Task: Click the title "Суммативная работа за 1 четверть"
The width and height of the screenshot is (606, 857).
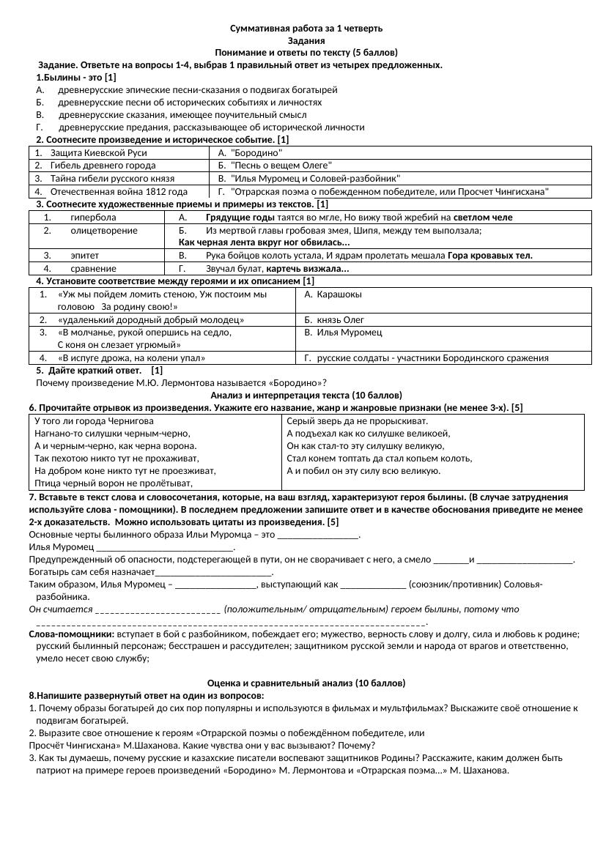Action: point(306,29)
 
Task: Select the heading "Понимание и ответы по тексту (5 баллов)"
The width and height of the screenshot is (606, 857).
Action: point(306,53)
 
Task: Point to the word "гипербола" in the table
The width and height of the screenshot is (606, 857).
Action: point(93,218)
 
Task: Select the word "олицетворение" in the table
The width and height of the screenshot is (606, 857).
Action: point(103,231)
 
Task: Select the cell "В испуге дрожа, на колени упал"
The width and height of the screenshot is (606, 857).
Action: point(131,358)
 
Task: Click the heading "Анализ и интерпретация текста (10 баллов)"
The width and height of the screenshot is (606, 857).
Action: point(306,395)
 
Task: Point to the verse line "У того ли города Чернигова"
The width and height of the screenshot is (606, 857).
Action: point(95,421)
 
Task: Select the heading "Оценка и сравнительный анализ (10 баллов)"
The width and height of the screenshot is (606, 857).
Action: point(306,683)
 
